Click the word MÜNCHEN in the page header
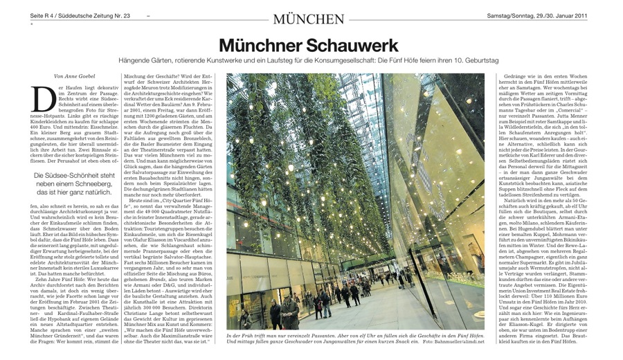pos(308,19)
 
